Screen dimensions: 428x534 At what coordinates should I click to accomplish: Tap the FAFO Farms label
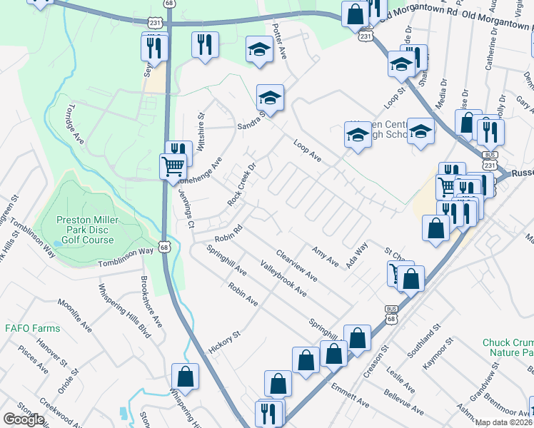[32, 329]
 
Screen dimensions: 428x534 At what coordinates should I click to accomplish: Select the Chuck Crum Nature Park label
[508, 347]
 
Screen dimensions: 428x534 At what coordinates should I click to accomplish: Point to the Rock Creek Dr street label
[241, 185]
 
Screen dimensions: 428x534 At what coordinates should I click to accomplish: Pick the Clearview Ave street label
[296, 264]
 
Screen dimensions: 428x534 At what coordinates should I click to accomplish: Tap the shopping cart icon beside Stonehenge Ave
[173, 168]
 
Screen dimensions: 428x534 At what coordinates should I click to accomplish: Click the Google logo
[24, 419]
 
